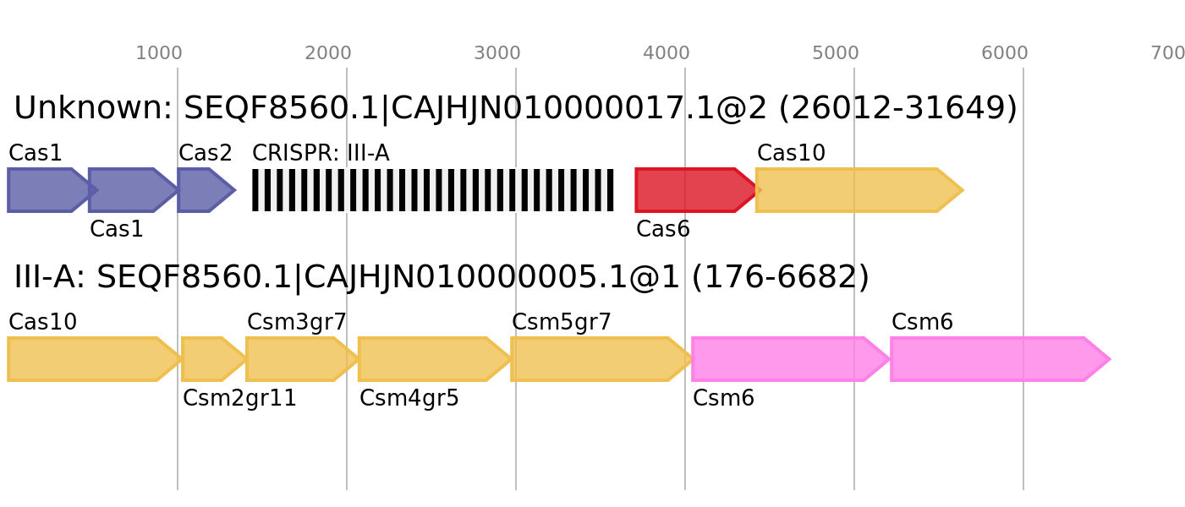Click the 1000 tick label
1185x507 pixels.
pyautogui.click(x=159, y=53)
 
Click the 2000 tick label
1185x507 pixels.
pyautogui.click(x=328, y=53)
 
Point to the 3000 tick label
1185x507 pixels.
pyautogui.click(x=497, y=53)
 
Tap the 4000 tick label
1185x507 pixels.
pyautogui.click(x=667, y=53)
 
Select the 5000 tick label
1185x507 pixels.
pyautogui.click(x=836, y=53)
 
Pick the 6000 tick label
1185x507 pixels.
pyautogui.click(x=1005, y=53)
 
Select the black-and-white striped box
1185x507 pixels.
pyautogui.click(x=433, y=190)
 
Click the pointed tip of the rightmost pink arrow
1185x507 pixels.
pyautogui.click(x=1107, y=359)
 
